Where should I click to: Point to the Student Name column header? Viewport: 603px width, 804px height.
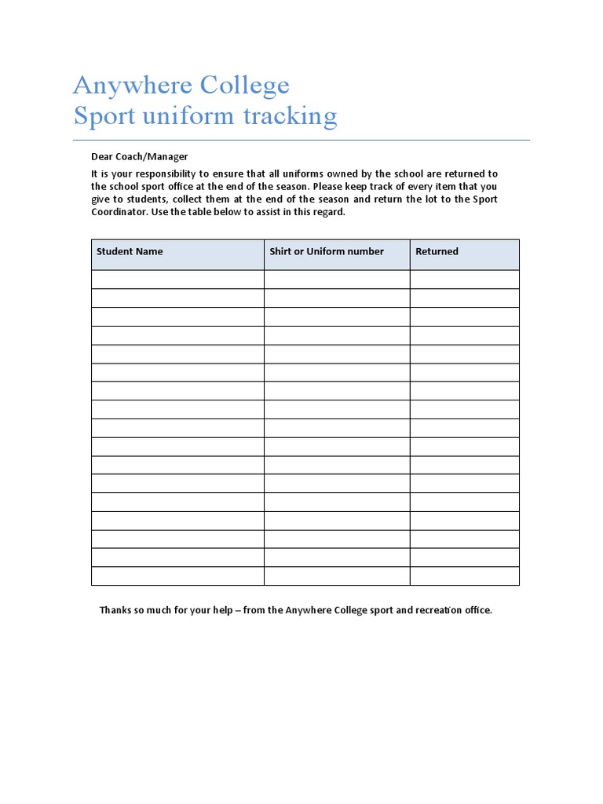click(130, 251)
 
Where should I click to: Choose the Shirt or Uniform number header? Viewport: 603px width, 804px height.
click(327, 251)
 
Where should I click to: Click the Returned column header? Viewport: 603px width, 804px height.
click(437, 251)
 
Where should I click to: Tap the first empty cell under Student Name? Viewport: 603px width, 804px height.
click(177, 280)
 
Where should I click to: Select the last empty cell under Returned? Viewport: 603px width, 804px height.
click(464, 576)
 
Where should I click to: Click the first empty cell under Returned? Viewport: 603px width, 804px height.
click(464, 280)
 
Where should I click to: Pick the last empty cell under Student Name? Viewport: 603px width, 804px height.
click(177, 576)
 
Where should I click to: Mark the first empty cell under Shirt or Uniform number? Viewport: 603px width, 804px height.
click(337, 280)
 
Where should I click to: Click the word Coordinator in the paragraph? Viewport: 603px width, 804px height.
click(119, 212)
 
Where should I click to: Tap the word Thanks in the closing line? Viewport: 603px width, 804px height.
click(115, 610)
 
